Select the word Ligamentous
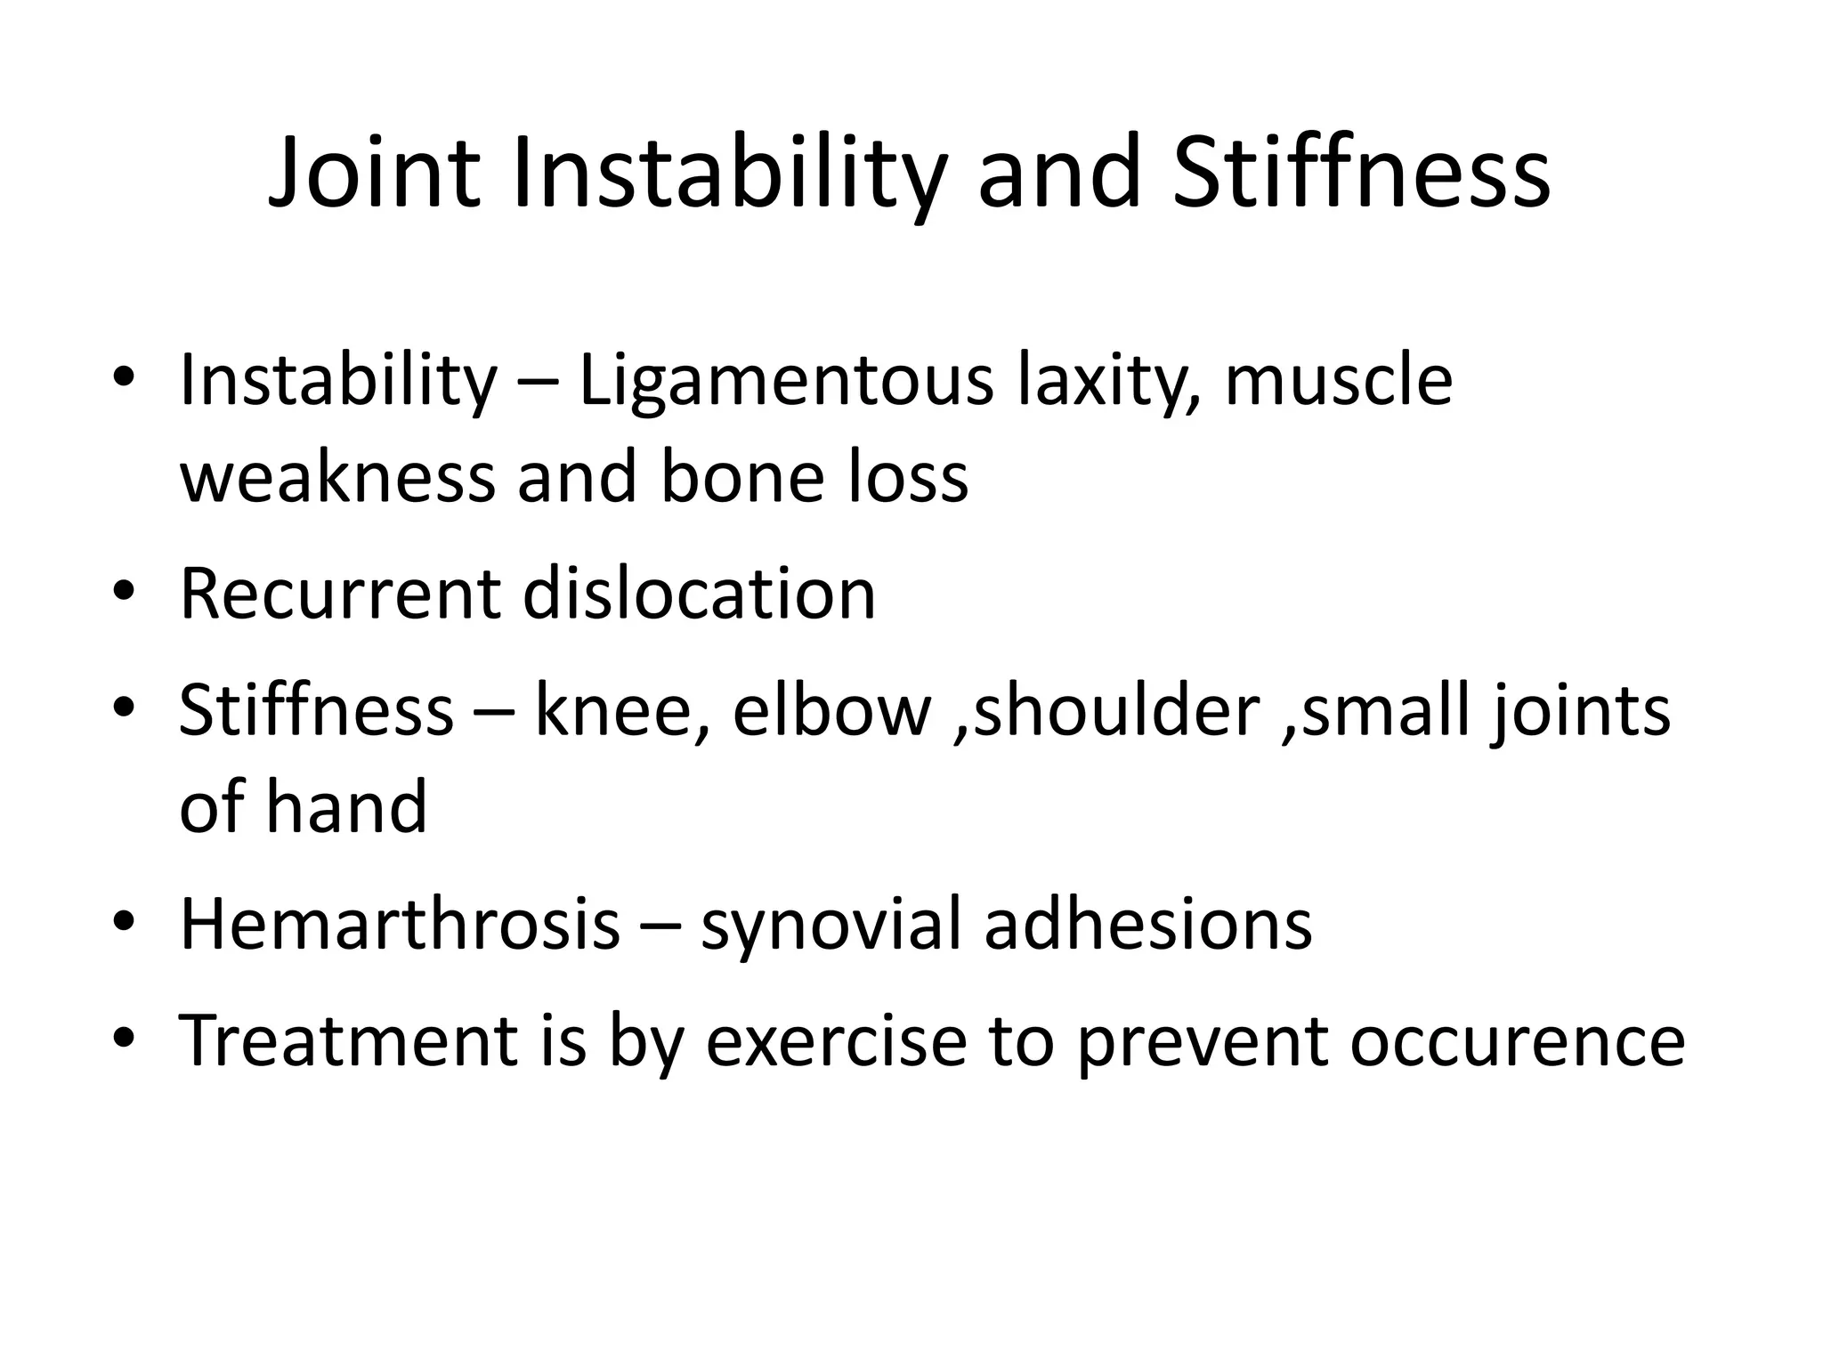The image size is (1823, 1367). pos(785,382)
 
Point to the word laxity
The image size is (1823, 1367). pos(1107,382)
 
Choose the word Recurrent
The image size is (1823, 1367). pos(339,594)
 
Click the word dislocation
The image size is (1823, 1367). pos(699,594)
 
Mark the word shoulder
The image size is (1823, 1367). pos(1117,711)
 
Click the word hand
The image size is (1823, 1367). pos(346,807)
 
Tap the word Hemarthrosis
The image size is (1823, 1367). pos(400,925)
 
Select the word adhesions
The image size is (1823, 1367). pos(1147,925)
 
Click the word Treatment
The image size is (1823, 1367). pos(348,1040)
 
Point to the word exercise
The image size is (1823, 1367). pos(836,1040)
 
